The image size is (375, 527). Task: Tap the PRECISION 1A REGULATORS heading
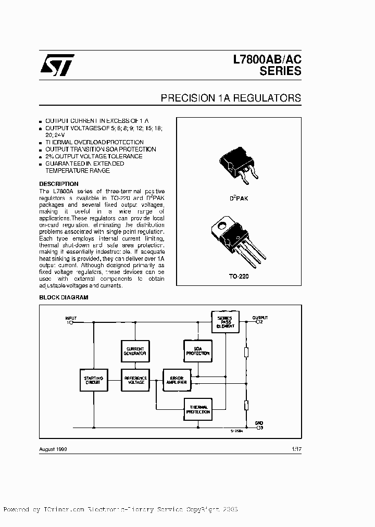coord(231,97)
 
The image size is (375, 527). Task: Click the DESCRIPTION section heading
coord(59,184)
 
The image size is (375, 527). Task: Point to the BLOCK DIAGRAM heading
coord(64,298)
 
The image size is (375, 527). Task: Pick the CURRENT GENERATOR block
coord(135,350)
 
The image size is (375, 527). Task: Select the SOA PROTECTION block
coord(198,350)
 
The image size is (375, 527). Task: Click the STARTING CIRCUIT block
coord(94,380)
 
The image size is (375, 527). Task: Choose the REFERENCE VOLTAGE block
coord(135,380)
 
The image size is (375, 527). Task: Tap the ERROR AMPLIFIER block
coord(176,380)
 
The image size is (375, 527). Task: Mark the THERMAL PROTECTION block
coord(198,409)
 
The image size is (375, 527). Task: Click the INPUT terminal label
coord(71,317)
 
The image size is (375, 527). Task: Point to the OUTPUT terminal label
coord(260,317)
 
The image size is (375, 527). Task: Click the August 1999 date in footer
coord(54,449)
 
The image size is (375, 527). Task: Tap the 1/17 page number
coord(295,449)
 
